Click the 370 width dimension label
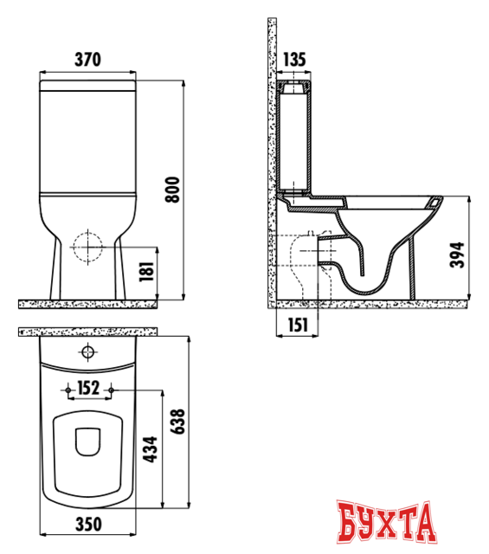pos(87,60)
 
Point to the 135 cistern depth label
pos(295,60)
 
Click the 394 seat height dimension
pos(460,253)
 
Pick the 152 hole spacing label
pos(88,387)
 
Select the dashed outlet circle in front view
pos(87,248)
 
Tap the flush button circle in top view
pos(87,352)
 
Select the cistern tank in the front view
pos(87,138)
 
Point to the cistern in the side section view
pos(295,138)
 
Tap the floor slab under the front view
pos(87,304)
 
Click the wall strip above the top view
pos(87,332)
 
